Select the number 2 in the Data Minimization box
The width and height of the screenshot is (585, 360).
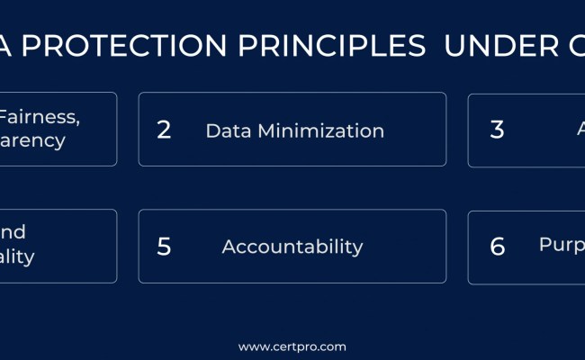point(164,130)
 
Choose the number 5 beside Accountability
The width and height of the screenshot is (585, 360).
point(164,247)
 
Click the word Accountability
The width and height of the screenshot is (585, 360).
point(292,247)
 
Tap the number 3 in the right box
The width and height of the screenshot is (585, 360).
point(497,130)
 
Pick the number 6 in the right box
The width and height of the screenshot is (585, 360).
point(497,247)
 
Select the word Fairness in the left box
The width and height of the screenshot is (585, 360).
point(28,117)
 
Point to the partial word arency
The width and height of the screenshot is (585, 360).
point(32,141)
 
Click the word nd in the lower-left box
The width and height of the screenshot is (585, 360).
point(13,232)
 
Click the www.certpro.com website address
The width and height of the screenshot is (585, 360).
point(292,346)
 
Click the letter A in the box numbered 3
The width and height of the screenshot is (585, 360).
point(580,130)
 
